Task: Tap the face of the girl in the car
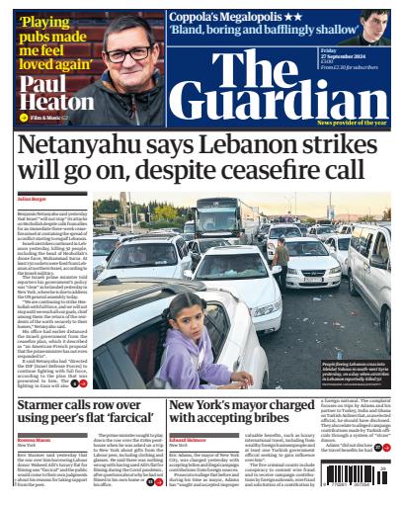tap(184, 342)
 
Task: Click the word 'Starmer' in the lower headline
tap(49, 405)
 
